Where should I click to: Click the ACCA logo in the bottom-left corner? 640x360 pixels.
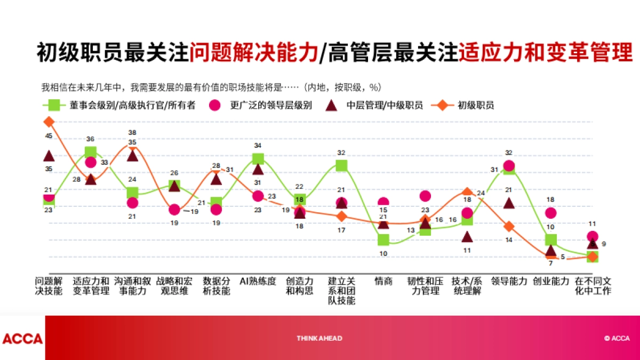pyautogui.click(x=22, y=339)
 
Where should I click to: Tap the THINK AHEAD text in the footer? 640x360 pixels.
pyautogui.click(x=319, y=338)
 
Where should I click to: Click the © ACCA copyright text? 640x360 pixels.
pyautogui.click(x=617, y=338)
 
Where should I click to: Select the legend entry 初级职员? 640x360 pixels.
pyautogui.click(x=475, y=105)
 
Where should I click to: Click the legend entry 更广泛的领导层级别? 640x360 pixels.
pyautogui.click(x=271, y=105)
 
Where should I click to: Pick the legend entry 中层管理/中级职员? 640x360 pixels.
pyautogui.click(x=385, y=105)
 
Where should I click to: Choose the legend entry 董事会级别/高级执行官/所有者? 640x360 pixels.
pyautogui.click(x=132, y=105)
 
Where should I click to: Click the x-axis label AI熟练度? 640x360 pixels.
pyautogui.click(x=258, y=281)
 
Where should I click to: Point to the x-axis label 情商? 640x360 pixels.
pyautogui.click(x=383, y=281)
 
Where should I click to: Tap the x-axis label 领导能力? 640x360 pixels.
pyautogui.click(x=509, y=281)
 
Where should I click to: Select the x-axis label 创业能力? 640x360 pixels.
pyautogui.click(x=551, y=281)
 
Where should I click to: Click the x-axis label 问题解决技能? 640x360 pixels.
pyautogui.click(x=49, y=286)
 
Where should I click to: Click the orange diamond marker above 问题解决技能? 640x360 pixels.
pyautogui.click(x=49, y=122)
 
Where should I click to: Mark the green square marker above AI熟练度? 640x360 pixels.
pyautogui.click(x=258, y=158)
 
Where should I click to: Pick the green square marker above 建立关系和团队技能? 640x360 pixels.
pyautogui.click(x=341, y=166)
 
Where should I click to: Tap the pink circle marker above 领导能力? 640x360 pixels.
pyautogui.click(x=509, y=166)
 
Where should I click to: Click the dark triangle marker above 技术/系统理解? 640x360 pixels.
pyautogui.click(x=467, y=237)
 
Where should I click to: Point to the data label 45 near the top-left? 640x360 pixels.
pyautogui.click(x=49, y=136)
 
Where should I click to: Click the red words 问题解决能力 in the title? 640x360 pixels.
pyautogui.click(x=253, y=53)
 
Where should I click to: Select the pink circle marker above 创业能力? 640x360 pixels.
pyautogui.click(x=551, y=213)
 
